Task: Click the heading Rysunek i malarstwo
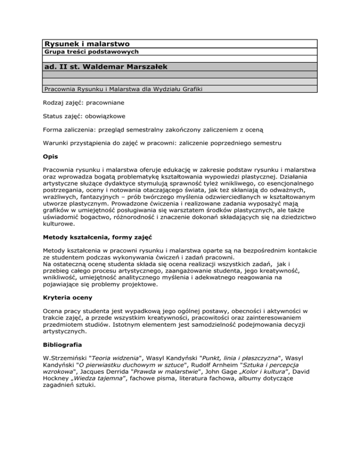[x=86, y=44]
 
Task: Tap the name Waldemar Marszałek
[x=127, y=67]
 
